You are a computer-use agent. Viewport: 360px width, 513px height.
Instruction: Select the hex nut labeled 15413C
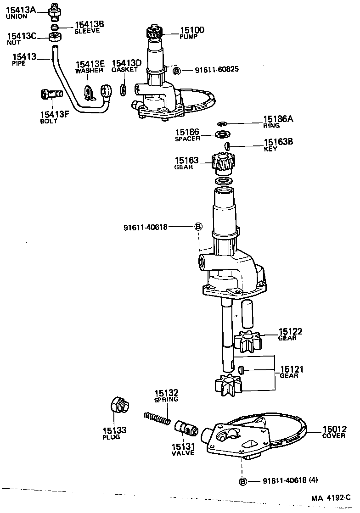(x=55, y=37)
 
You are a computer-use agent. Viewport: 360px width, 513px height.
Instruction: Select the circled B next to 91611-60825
(x=177, y=71)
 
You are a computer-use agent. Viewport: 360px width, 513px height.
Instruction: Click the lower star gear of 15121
(x=228, y=385)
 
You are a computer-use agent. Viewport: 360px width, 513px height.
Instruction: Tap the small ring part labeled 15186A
(x=222, y=123)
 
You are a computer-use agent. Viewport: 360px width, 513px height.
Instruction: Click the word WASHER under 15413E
(x=90, y=71)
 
